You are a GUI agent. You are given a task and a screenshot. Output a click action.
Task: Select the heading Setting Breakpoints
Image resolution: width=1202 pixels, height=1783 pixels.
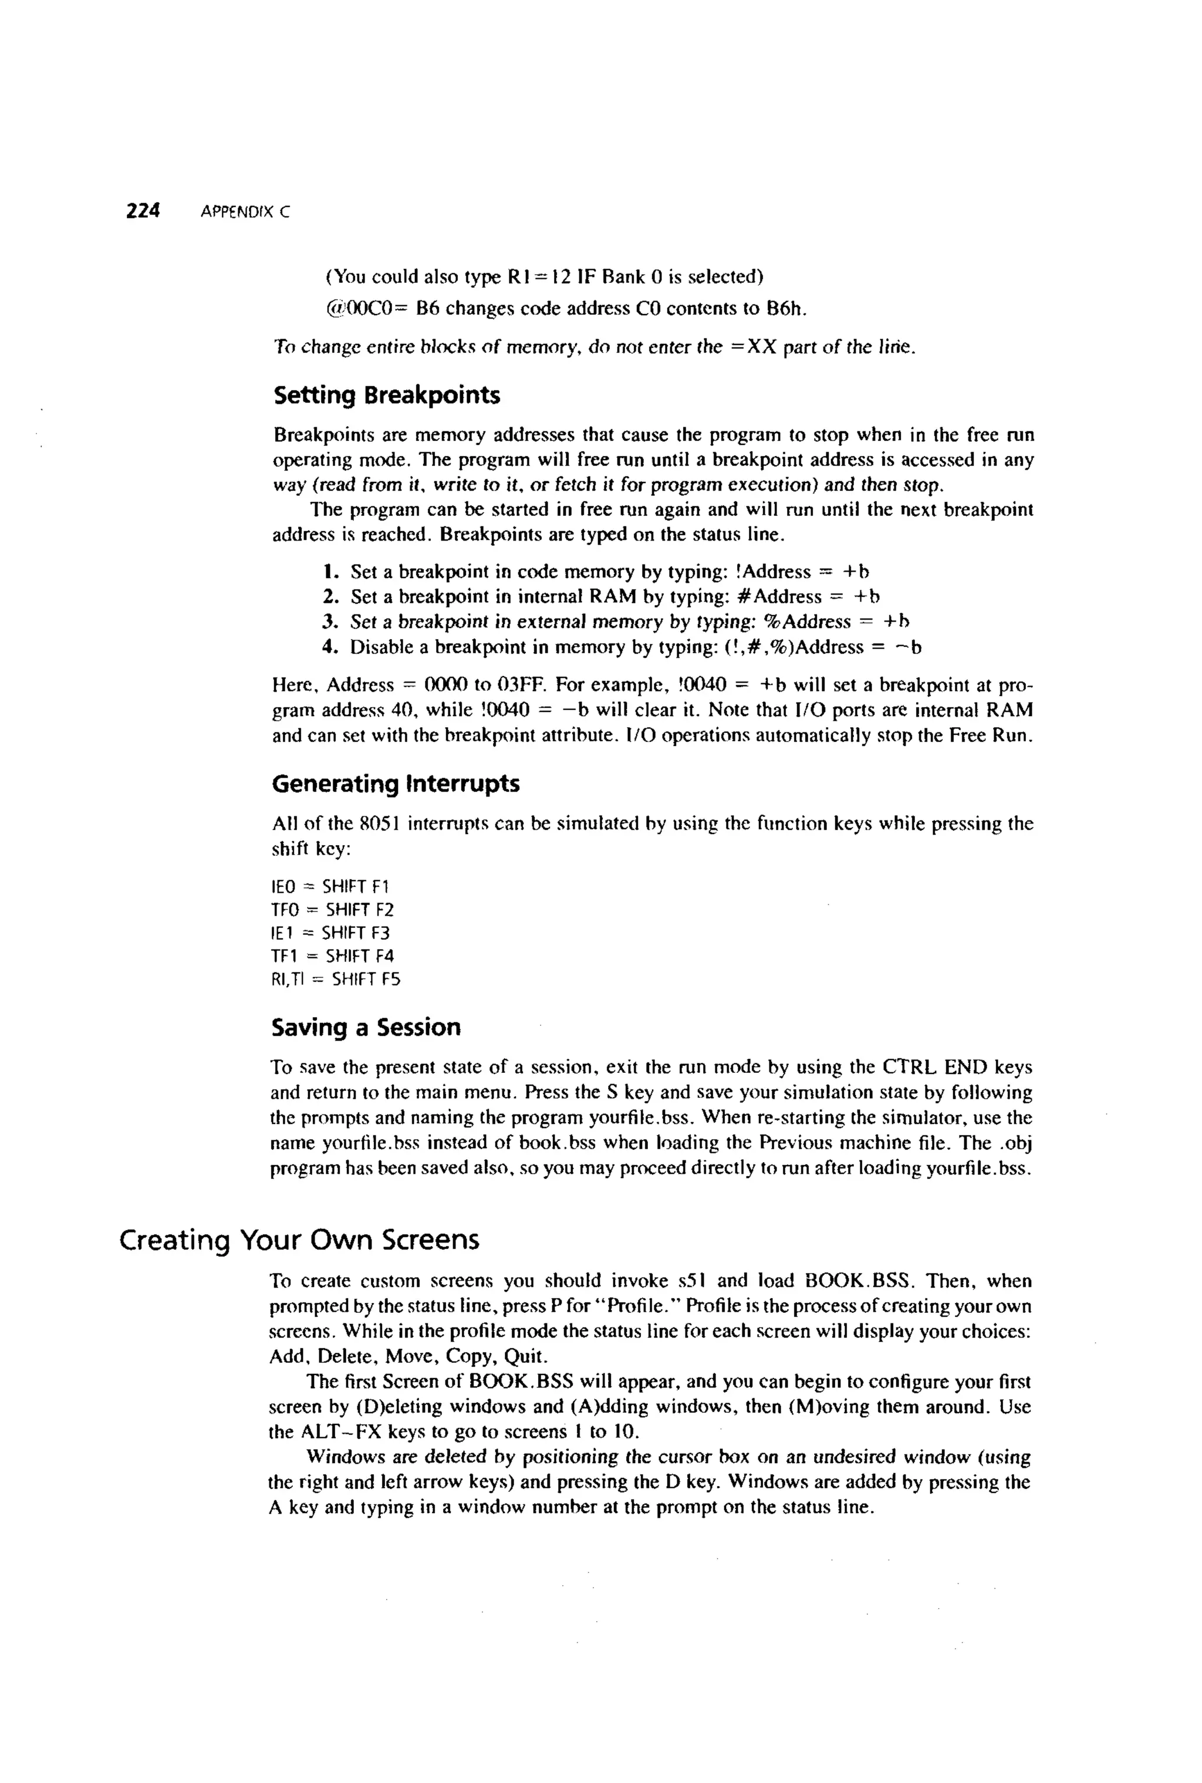coord(386,396)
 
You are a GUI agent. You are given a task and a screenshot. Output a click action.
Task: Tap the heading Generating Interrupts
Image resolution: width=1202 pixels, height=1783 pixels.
coord(396,784)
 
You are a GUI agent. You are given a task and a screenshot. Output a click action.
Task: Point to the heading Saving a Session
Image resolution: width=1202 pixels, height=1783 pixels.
coord(366,1027)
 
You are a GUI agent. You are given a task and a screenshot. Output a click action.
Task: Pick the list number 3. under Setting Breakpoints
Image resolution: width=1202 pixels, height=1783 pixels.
coord(330,621)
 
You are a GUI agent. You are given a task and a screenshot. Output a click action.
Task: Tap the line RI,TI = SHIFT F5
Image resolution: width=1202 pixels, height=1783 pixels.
coord(336,979)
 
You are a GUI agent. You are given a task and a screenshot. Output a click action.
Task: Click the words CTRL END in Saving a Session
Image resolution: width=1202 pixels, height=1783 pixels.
coord(935,1067)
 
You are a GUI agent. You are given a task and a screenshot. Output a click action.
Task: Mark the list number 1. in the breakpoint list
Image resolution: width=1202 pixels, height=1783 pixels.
coord(330,572)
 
